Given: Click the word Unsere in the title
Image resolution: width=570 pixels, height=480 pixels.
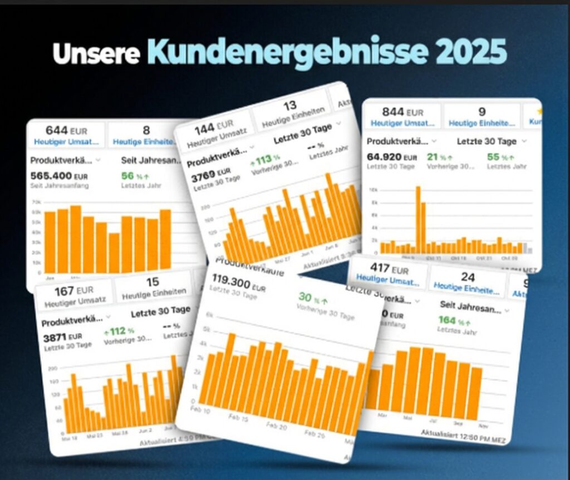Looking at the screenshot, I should pos(96,55).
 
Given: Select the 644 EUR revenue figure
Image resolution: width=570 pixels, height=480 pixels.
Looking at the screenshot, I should pos(66,131).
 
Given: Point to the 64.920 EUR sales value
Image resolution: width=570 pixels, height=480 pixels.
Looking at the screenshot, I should pos(391,157).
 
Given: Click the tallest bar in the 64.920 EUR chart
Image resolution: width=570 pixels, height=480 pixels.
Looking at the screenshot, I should pos(418,219).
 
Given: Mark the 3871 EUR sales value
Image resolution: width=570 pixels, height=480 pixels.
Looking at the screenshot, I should pos(62,337).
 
